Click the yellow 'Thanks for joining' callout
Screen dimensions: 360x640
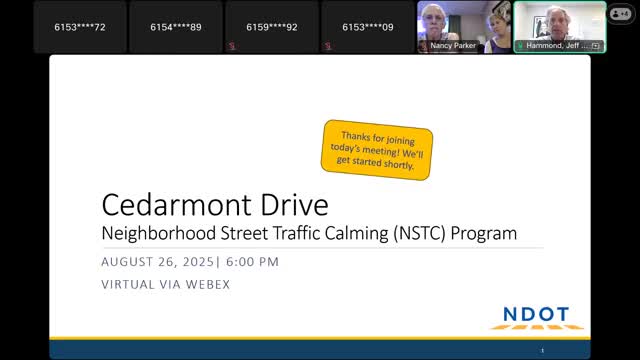[x=378, y=150]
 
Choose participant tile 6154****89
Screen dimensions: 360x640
[x=175, y=26]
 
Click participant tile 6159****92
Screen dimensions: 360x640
[x=271, y=26]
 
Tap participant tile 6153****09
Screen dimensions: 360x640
[x=367, y=26]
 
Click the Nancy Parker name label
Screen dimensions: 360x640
[x=454, y=46]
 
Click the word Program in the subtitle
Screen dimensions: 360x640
[x=483, y=234]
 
